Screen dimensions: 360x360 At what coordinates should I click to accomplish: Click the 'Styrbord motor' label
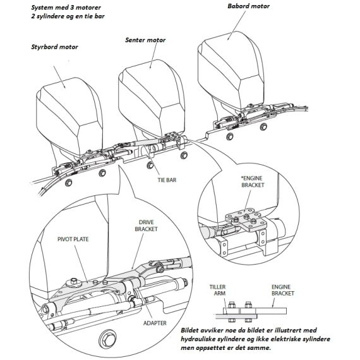pos(54,47)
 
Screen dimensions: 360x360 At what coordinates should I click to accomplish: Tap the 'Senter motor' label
pos(145,40)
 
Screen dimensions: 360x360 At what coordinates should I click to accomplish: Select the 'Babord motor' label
pos(248,6)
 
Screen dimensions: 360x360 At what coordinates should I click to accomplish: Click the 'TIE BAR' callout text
pos(167,180)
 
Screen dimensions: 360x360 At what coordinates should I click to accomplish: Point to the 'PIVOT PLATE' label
pos(73,239)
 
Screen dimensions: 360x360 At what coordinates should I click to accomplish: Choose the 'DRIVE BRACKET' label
pos(147,225)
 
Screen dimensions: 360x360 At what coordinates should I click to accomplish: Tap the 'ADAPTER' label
pos(155,323)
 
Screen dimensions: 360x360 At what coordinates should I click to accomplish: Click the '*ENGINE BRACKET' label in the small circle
pos(253,182)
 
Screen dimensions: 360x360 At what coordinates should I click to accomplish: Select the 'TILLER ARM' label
pos(217,290)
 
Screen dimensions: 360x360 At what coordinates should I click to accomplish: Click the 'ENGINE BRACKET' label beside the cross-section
pos(282,290)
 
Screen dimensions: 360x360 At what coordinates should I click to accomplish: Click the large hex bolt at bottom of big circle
pos(107,339)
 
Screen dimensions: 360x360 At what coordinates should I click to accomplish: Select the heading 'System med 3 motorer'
pos(66,8)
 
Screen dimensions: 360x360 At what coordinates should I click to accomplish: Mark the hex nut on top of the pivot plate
pos(74,280)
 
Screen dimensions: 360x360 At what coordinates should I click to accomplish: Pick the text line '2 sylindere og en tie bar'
pos(68,16)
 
